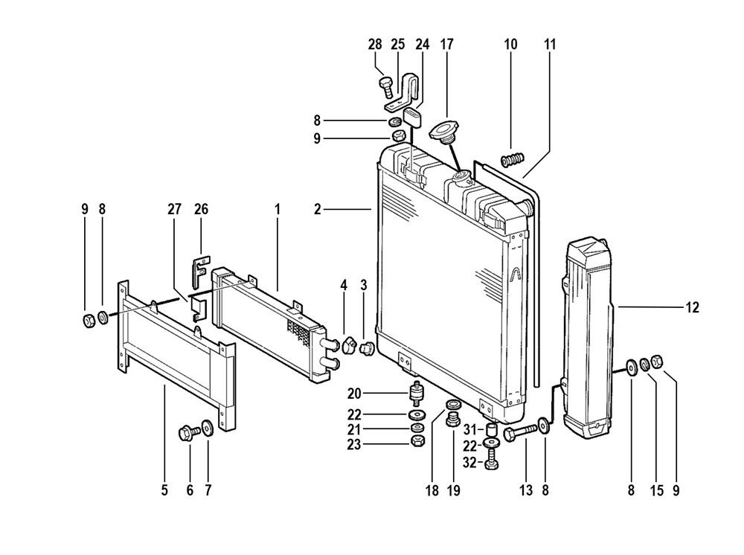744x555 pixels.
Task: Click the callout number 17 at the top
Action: pyautogui.click(x=447, y=44)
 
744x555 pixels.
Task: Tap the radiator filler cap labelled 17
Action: pyautogui.click(x=446, y=130)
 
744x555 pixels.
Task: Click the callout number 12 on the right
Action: pyautogui.click(x=693, y=307)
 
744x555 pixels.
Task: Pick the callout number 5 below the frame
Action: pyautogui.click(x=164, y=490)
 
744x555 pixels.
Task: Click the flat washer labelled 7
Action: pyautogui.click(x=208, y=427)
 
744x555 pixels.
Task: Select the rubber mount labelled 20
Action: pyautogui.click(x=417, y=394)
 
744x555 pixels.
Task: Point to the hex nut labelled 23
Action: pyautogui.click(x=417, y=440)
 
